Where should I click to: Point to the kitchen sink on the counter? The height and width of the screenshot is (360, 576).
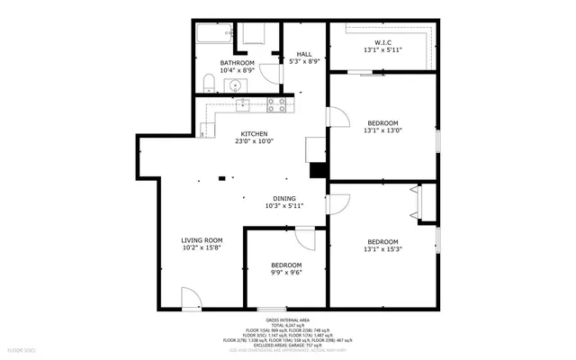point(243,104)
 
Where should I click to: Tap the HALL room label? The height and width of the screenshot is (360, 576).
point(304,54)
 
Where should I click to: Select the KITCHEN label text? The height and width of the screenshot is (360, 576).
point(253,133)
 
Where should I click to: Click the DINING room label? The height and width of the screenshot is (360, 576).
point(284,198)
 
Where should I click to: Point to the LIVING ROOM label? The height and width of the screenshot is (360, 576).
point(202,240)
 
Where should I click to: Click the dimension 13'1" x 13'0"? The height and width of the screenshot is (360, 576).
point(382,130)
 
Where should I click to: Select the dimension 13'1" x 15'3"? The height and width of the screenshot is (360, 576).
point(382,249)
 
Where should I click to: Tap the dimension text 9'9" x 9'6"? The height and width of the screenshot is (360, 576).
point(285,273)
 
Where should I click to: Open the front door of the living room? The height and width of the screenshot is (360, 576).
point(191,298)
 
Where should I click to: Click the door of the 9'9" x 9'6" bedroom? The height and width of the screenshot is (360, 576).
point(304,238)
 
